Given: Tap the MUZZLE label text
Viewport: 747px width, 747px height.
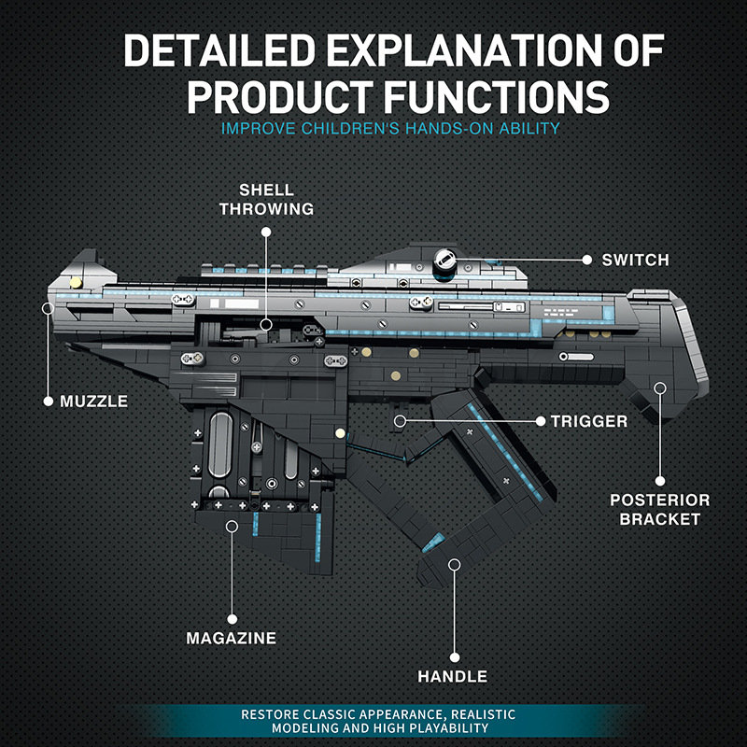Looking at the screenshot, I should pos(93,402).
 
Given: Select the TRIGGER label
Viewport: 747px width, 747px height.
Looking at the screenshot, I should pos(589,421).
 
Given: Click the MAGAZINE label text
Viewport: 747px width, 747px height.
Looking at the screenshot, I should pos(231,639).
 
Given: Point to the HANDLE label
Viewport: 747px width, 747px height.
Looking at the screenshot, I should pos(452,676).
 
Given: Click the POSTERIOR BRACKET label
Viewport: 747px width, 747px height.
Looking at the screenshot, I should pos(659,509).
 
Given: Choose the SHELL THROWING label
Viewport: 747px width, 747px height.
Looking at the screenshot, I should pos(266,198).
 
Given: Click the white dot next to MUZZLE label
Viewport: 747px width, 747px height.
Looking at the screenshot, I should pos(49,402).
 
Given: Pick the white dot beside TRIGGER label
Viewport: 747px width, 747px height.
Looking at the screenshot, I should pos(540,421).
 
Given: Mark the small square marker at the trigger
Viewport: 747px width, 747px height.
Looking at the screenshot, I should pos(399,421).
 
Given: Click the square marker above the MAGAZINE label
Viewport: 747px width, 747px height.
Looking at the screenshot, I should pos(232,527).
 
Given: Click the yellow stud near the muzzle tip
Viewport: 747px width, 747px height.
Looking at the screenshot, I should pos(76,281).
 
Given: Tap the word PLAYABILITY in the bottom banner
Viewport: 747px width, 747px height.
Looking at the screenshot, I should pos(451,727).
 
